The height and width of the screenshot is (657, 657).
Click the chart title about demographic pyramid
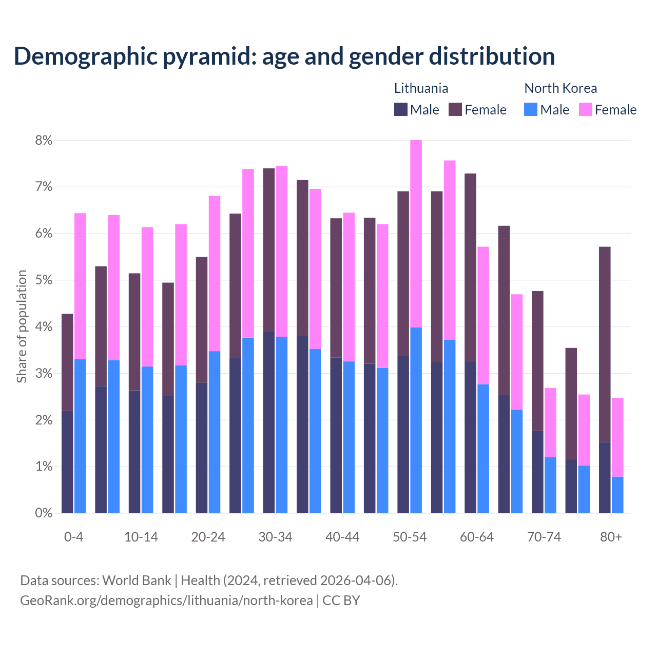[284, 56]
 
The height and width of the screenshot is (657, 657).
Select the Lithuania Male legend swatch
[401, 109]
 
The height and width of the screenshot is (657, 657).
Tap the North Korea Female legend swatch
[585, 109]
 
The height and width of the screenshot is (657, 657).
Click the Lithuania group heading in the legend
[421, 88]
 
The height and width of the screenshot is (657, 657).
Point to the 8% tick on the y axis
[44, 140]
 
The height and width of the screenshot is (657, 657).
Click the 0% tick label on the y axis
[44, 513]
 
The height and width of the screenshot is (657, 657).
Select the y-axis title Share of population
[22, 326]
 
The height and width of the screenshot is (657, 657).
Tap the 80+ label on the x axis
[611, 537]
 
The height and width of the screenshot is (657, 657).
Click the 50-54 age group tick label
[410, 537]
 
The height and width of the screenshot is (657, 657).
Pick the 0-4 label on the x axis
[73, 537]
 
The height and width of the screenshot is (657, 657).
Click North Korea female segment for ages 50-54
[416, 234]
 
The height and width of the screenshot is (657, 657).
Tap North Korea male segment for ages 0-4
[80, 436]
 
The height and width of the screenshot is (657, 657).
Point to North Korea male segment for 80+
[617, 495]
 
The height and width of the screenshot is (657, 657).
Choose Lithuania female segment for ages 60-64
[470, 267]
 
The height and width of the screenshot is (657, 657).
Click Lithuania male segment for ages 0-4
[67, 462]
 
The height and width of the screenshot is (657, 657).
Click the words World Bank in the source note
[137, 581]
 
